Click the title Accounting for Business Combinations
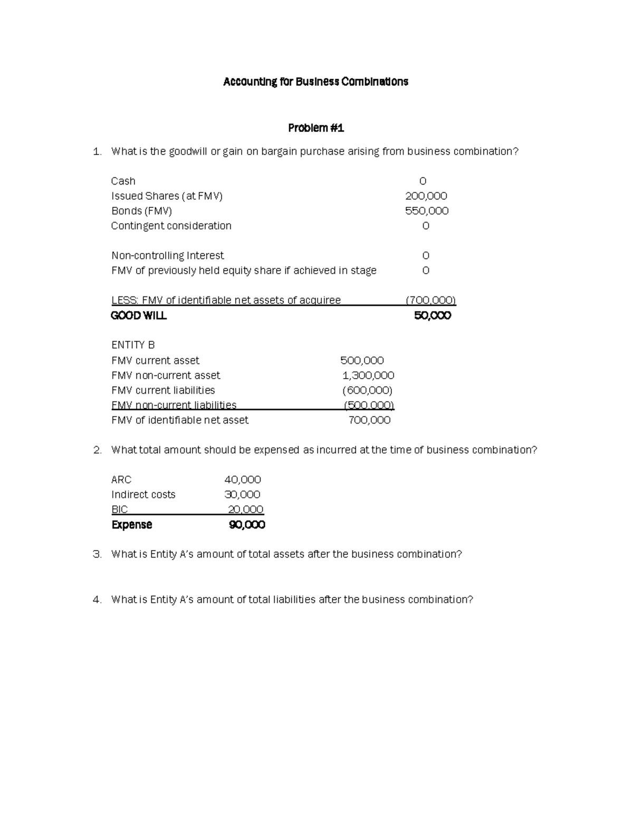315,82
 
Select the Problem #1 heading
315,128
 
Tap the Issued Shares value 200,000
426,196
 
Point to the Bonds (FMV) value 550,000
426,211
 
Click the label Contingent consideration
171,226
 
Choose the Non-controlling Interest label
167,256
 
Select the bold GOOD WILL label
139,316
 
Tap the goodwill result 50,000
432,316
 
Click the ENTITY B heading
133,345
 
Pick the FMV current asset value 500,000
362,361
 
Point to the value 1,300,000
368,375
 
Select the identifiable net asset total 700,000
369,420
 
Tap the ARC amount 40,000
243,480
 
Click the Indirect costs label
143,495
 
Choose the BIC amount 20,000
245,509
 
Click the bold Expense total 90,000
246,525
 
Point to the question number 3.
97,554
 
